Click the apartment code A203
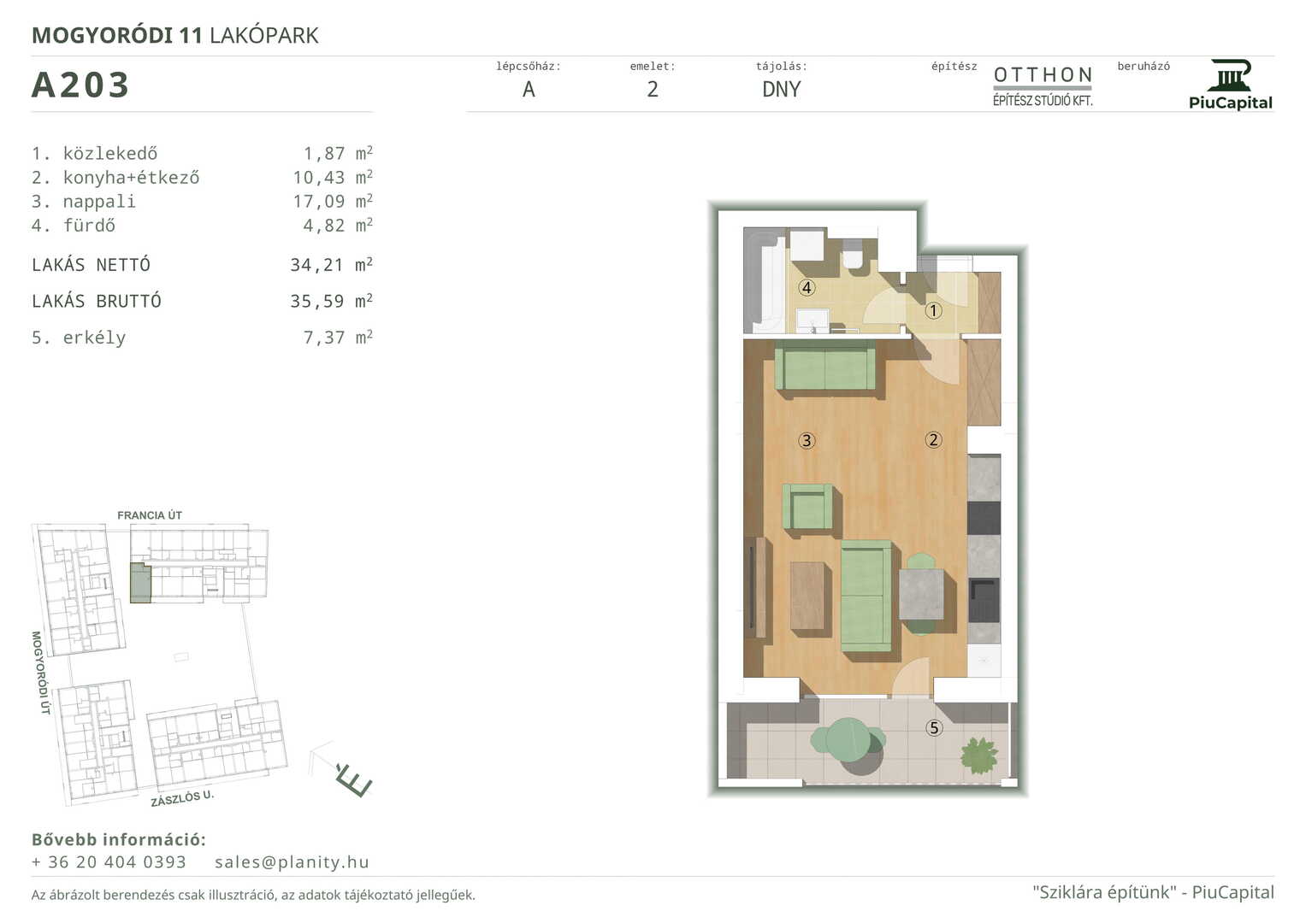(x=80, y=85)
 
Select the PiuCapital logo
(x=1230, y=85)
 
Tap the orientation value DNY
(x=781, y=89)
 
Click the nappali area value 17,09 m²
(x=333, y=201)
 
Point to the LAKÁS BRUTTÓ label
(x=96, y=301)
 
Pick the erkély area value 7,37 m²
(x=338, y=338)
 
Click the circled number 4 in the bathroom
(x=807, y=287)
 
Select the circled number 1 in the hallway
(x=933, y=310)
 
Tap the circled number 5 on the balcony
(x=934, y=728)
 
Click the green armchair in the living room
(x=808, y=506)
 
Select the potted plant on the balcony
(x=979, y=755)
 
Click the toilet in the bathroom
(x=853, y=254)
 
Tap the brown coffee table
(x=807, y=596)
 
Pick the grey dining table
(x=921, y=594)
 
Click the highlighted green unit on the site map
(x=140, y=583)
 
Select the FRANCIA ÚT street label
(x=150, y=515)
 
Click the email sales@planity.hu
(x=292, y=861)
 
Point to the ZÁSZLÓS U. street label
(x=182, y=798)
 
